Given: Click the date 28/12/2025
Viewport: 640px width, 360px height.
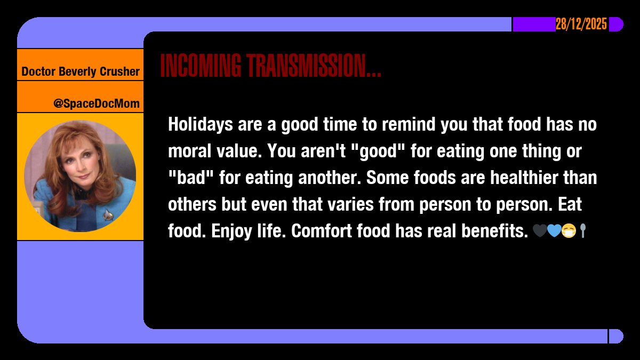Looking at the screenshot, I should (x=581, y=25).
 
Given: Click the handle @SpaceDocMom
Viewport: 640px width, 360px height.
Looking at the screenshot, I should (x=96, y=103).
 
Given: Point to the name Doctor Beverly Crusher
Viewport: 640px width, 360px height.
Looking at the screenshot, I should (x=81, y=71).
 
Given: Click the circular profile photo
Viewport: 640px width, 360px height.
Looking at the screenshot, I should (x=80, y=176).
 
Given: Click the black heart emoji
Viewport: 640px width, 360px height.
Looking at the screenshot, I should (x=539, y=231).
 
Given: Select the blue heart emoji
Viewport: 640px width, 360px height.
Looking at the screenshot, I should (x=554, y=231).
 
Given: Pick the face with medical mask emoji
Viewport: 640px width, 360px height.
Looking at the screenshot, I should (x=569, y=231).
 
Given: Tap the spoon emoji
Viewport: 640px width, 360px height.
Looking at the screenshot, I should (x=582, y=231).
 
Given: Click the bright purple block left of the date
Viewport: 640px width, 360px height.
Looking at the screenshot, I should (x=534, y=25).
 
